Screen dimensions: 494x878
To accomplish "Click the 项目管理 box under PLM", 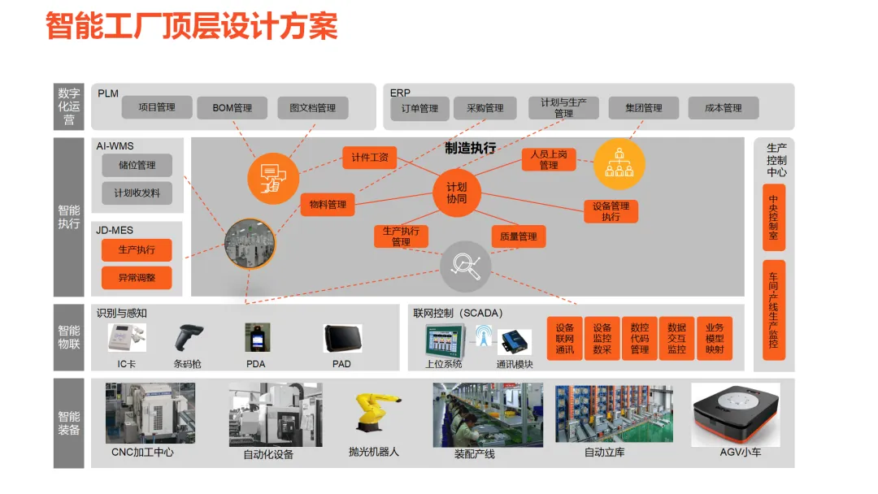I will (x=157, y=107).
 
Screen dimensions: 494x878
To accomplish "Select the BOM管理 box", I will (x=232, y=108).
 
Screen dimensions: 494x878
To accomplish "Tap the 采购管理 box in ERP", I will (x=485, y=108).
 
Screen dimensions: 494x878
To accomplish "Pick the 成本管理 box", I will (x=723, y=108).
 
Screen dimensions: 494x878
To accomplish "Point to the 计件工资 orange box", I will (x=369, y=158).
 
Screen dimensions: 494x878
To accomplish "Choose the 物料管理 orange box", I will (x=328, y=205).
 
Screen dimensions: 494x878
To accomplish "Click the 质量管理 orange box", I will (x=518, y=236).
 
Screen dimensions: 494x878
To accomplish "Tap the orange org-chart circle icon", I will (x=619, y=164).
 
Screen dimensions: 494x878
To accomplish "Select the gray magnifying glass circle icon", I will (x=466, y=266).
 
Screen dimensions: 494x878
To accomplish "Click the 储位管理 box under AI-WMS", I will (x=137, y=166).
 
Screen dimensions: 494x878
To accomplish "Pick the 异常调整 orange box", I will (x=137, y=278).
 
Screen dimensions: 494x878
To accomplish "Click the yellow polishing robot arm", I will (x=375, y=413).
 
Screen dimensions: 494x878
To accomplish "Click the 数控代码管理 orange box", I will (x=639, y=339).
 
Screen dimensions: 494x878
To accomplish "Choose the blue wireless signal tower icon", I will (x=484, y=335).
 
